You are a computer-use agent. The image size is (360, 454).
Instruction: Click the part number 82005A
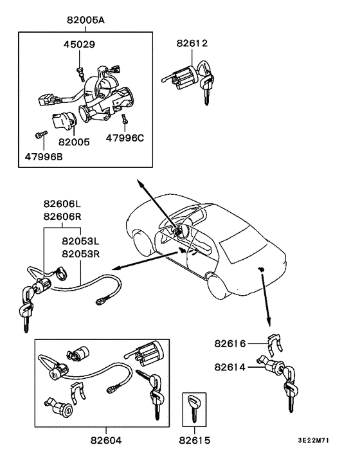tap(85, 20)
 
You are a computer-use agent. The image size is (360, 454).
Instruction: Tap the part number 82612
tap(192, 44)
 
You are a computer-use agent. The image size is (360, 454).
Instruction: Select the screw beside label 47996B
tap(40, 135)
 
